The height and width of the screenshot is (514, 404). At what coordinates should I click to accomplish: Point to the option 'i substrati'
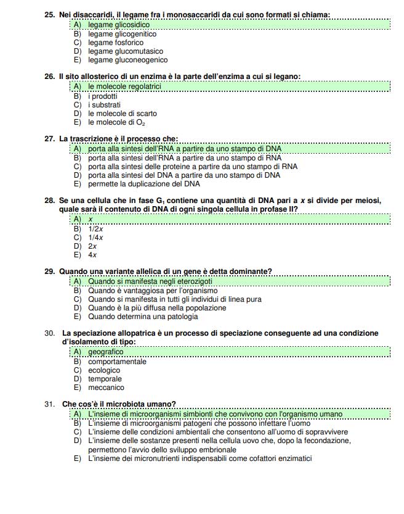[x=104, y=105]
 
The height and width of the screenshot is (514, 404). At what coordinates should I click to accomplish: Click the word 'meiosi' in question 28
[x=368, y=201]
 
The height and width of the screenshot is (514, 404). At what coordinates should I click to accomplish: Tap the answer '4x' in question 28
[x=92, y=255]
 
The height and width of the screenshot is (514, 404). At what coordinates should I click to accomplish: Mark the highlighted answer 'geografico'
[x=106, y=352]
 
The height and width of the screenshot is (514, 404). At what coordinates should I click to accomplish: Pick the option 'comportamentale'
[x=117, y=362]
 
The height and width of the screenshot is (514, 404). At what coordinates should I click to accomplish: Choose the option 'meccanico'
[x=106, y=388]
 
